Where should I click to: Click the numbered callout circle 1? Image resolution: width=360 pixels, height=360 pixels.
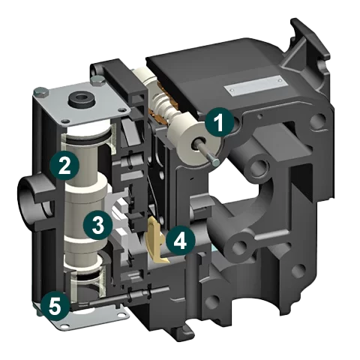coord(217,122)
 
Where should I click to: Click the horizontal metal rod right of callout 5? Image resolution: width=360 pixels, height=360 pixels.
coord(105,303)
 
